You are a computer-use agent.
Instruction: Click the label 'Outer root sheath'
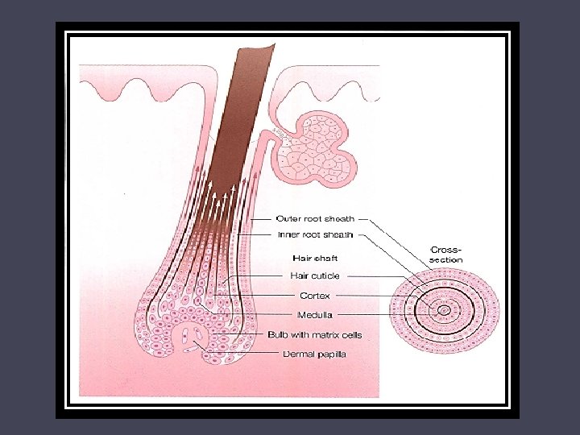314,218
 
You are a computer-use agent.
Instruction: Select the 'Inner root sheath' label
314,235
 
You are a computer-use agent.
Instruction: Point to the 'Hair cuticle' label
315,275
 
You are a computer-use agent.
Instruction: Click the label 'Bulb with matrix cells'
315,334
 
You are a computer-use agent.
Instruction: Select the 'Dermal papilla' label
315,354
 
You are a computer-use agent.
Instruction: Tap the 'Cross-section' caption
447,254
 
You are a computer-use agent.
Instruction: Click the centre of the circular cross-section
444,309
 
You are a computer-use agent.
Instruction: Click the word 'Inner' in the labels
288,235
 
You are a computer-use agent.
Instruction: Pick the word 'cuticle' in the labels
325,275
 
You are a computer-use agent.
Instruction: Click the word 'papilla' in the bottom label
331,354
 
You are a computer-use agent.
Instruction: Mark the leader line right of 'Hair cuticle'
379,275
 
